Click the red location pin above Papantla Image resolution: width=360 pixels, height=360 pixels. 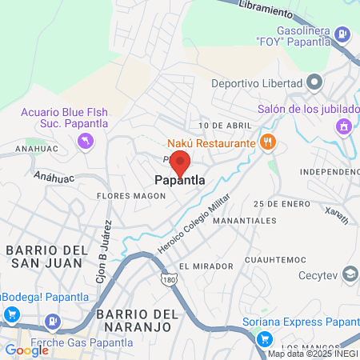[x=181, y=162]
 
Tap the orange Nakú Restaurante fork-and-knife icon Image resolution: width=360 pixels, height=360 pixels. [x=267, y=142]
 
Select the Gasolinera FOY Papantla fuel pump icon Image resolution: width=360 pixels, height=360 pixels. [x=342, y=34]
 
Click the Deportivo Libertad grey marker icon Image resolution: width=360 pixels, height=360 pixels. [x=314, y=82]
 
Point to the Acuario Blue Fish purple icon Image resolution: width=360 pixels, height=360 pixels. [x=85, y=142]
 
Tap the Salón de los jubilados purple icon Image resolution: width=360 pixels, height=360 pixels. [x=344, y=126]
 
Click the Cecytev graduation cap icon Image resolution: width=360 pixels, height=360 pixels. [x=350, y=274]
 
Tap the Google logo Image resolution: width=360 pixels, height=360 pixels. [x=26, y=350]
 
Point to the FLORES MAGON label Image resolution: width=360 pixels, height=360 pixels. [x=130, y=195]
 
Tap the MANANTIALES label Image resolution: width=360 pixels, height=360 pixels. [x=246, y=220]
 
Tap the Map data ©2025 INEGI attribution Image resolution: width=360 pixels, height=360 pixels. [x=312, y=354]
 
